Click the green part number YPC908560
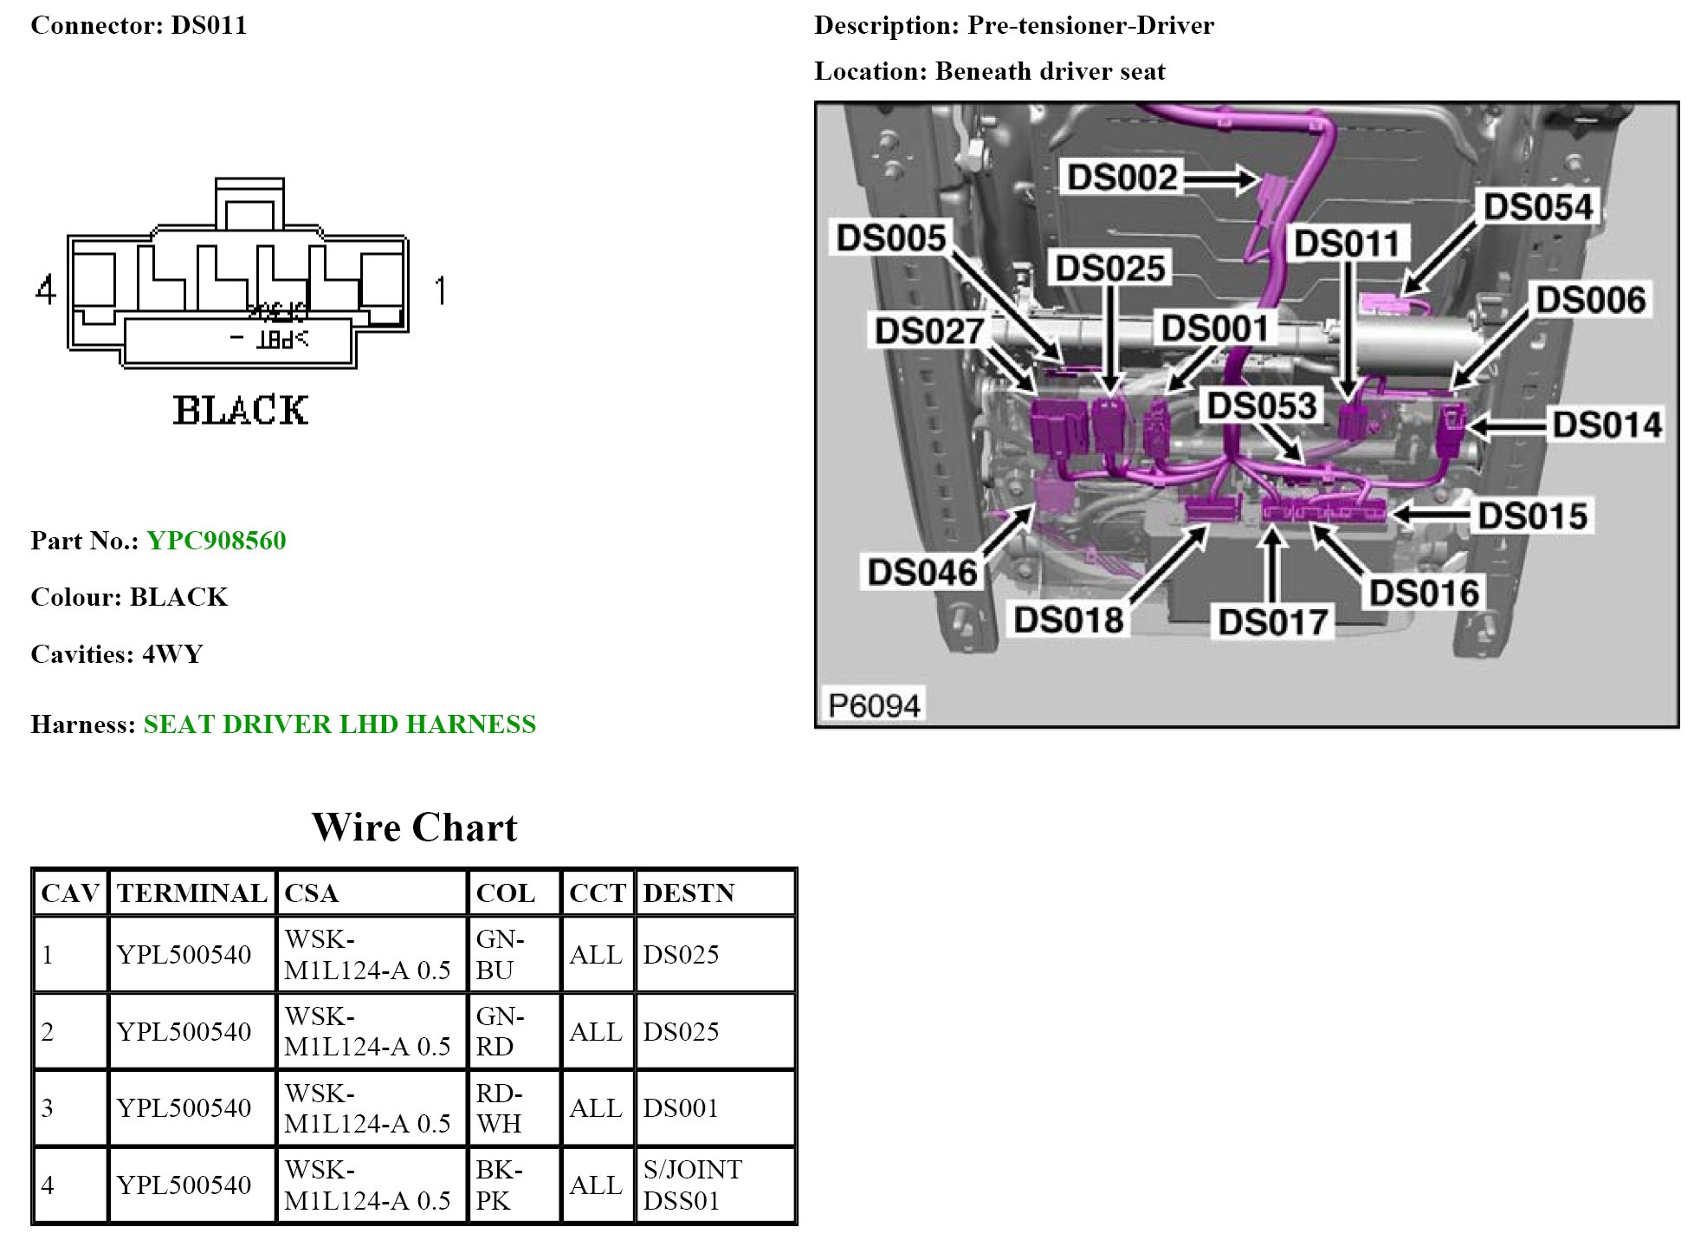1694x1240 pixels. point(216,541)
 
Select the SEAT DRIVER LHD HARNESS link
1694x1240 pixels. point(339,724)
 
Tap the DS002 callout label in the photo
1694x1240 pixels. point(1122,178)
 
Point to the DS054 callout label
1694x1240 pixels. point(1538,207)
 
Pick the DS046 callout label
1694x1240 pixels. point(922,573)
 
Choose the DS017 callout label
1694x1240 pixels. point(1272,622)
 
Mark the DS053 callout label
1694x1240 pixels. point(1262,406)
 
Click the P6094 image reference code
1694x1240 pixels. point(874,705)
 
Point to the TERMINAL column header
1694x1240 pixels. point(192,893)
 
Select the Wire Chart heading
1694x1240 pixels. point(414,828)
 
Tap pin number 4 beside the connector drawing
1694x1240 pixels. point(46,289)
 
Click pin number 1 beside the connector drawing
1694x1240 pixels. point(441,290)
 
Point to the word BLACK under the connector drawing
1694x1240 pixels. point(240,411)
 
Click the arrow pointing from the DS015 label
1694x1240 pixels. point(1429,516)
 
